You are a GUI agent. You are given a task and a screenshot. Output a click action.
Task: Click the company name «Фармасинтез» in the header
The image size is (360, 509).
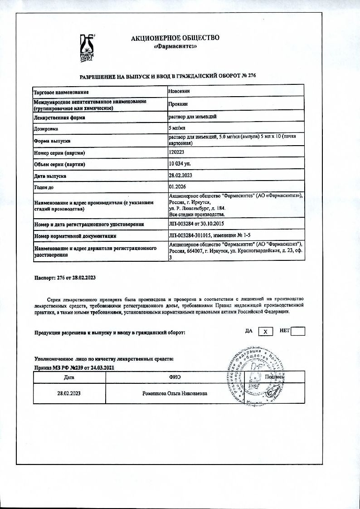[x=175, y=46]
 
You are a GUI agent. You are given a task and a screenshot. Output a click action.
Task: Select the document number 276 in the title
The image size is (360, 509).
[x=252, y=76]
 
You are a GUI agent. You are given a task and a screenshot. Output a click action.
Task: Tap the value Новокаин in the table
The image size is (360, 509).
[x=179, y=91]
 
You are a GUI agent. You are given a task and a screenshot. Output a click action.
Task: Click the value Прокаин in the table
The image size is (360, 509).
[x=177, y=104]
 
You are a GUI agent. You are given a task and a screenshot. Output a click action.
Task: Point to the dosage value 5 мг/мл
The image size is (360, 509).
[x=176, y=128]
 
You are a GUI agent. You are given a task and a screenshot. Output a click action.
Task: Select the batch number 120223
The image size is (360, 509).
[x=176, y=152]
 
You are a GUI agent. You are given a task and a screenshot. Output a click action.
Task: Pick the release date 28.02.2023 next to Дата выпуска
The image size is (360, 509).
[x=180, y=175]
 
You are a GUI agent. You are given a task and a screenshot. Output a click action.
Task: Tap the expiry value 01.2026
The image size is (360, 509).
[x=177, y=186]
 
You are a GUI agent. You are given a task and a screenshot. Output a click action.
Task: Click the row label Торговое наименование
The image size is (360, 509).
[x=64, y=92]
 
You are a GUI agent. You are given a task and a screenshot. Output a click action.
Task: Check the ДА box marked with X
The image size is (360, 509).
[x=266, y=332]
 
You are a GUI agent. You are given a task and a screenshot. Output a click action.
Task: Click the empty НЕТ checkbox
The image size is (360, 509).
[x=297, y=332]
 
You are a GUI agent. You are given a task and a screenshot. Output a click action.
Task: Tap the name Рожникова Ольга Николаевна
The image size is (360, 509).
[x=175, y=393]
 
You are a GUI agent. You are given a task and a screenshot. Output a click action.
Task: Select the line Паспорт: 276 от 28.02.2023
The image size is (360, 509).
[x=65, y=277]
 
